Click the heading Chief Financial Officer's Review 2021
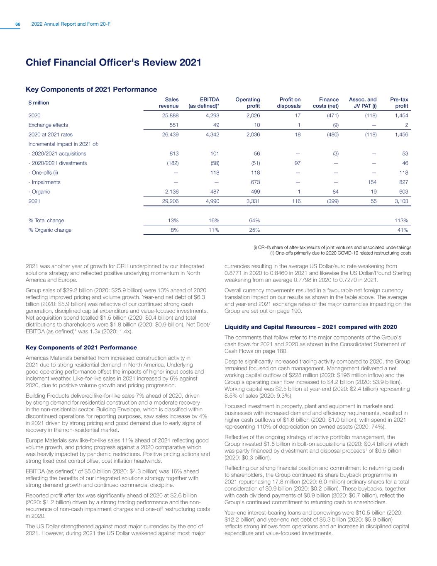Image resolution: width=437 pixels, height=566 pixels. pos(113,63)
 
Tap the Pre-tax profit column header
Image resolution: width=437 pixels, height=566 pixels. pos(399,103)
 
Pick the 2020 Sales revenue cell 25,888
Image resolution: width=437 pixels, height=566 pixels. pos(170,115)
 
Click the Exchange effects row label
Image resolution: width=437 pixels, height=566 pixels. pos(48,125)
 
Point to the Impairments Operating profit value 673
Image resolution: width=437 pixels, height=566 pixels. pos(255,182)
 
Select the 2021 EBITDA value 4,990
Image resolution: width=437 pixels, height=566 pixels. pos(211,201)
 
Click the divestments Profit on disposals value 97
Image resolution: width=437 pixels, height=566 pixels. pos(297,163)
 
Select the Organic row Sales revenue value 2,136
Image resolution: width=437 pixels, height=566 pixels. pos(170,192)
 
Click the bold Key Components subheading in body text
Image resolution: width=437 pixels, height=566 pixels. pos(81,347)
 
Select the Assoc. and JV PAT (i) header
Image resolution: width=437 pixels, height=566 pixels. pos(363,103)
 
